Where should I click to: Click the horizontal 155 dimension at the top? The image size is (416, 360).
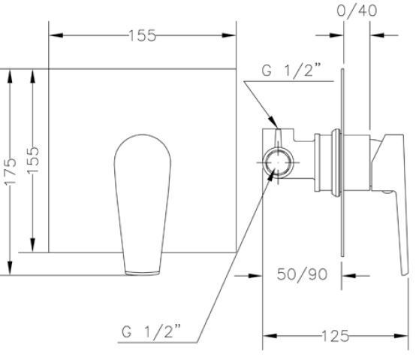click(142, 35)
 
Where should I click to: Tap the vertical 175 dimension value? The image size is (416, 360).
click(10, 171)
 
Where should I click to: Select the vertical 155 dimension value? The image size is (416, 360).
click(33, 159)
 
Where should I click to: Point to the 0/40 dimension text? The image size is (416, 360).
click(357, 11)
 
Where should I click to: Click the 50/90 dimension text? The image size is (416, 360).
click(302, 274)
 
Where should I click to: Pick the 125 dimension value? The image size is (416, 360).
click(335, 336)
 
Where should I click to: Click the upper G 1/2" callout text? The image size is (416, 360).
click(291, 71)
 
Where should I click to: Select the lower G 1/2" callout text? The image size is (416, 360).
click(151, 331)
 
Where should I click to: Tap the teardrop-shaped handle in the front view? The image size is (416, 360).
click(143, 204)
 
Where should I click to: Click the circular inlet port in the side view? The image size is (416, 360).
click(278, 162)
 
